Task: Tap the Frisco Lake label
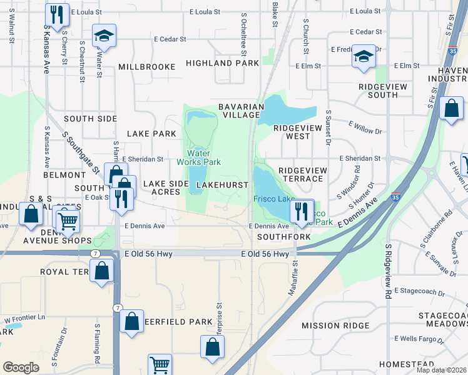(273, 199)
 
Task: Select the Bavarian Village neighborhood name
(239, 111)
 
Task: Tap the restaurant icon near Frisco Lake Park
(302, 211)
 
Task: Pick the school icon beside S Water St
(104, 36)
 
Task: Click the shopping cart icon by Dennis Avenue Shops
(68, 221)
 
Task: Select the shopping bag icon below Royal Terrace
(101, 271)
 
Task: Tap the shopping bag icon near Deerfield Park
(132, 322)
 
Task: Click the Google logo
(21, 367)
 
